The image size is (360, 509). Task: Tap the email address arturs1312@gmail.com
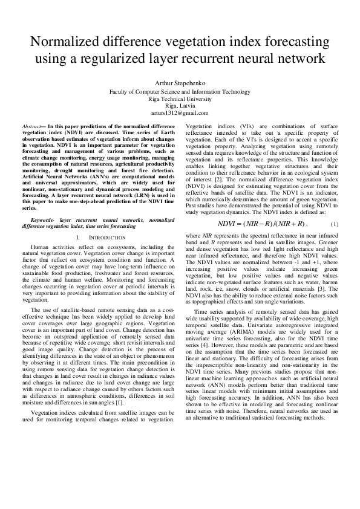[179, 113]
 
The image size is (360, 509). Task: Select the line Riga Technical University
[179, 97]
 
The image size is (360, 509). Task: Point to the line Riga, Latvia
[179, 105]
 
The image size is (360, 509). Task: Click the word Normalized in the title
[71, 42]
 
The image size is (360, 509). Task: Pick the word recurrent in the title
[227, 59]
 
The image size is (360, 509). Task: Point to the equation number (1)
[335, 207]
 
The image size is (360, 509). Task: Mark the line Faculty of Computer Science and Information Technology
[179, 90]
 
